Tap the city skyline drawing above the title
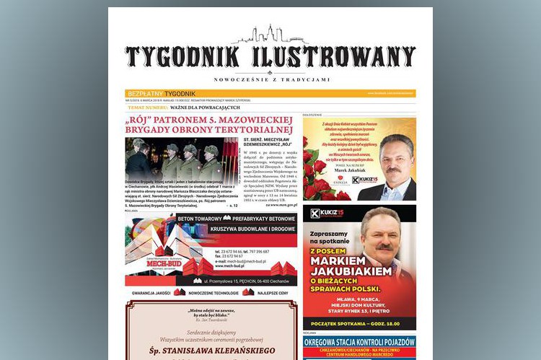coord(270,35)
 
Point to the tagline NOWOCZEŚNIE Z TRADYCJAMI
coord(271,79)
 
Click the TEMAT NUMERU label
coord(147,107)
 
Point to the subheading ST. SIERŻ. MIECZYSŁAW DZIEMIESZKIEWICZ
coord(267,143)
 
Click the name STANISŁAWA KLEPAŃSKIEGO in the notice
coord(211,351)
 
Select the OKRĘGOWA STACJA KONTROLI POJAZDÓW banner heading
coord(359,342)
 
